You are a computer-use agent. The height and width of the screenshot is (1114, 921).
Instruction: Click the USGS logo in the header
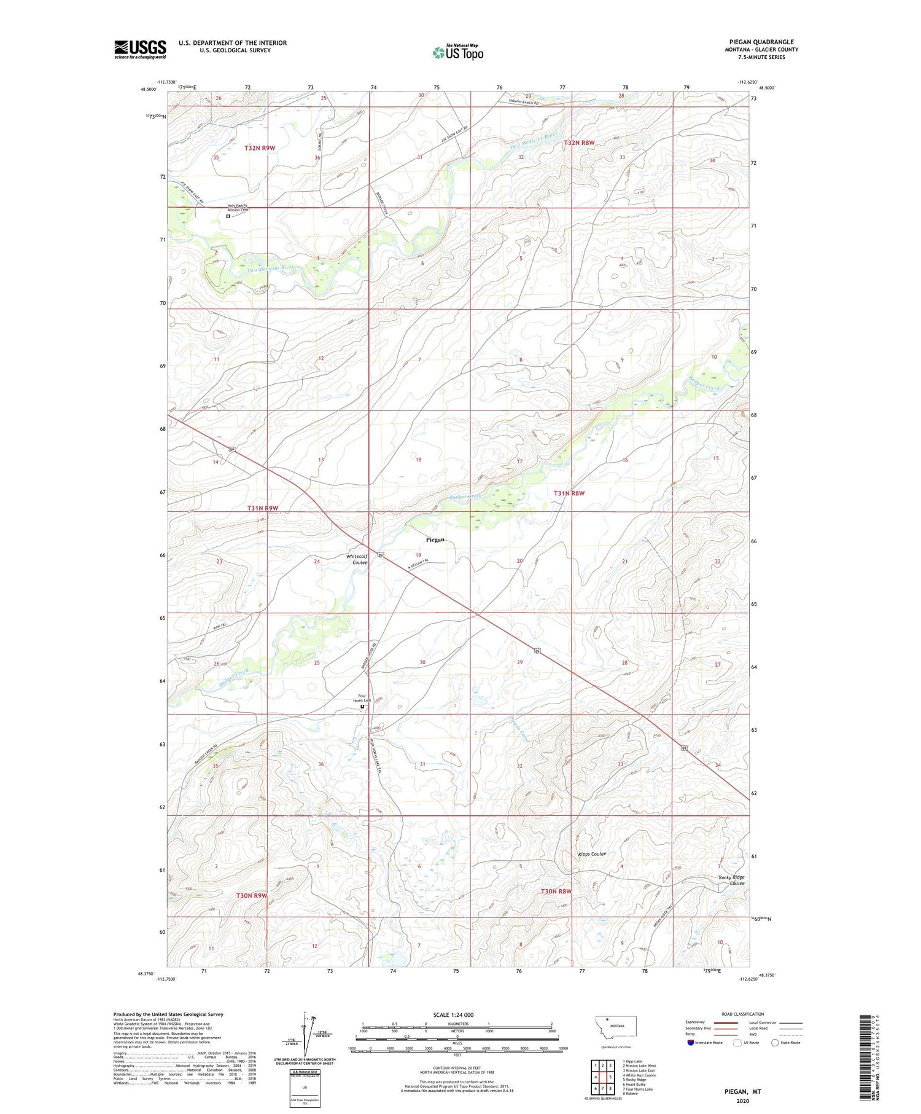[x=140, y=49]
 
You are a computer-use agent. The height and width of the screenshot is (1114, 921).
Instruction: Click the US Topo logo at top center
[x=457, y=53]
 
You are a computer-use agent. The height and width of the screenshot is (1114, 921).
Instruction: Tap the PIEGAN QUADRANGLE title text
[x=761, y=42]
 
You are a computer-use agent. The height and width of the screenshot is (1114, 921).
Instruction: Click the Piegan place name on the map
[x=435, y=540]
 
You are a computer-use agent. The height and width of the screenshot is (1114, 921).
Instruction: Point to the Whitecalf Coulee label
[x=357, y=559]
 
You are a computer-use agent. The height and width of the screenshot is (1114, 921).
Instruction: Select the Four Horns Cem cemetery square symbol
[x=362, y=707]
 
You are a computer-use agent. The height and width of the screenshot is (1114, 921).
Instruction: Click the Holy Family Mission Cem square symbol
[x=228, y=216]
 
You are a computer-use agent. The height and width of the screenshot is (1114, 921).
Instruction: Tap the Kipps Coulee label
[x=592, y=854]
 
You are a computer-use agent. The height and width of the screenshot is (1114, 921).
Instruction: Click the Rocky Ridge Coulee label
[x=731, y=880]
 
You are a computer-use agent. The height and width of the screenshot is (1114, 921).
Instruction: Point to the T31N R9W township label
[x=263, y=508]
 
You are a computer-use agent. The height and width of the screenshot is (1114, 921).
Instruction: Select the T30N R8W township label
[x=556, y=891]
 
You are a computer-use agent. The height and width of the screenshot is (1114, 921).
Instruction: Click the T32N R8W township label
[x=579, y=143]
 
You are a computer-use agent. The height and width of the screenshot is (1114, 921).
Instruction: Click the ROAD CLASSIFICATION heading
[x=742, y=1014]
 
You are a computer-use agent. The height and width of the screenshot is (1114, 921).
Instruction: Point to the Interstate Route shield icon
[x=691, y=1043]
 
